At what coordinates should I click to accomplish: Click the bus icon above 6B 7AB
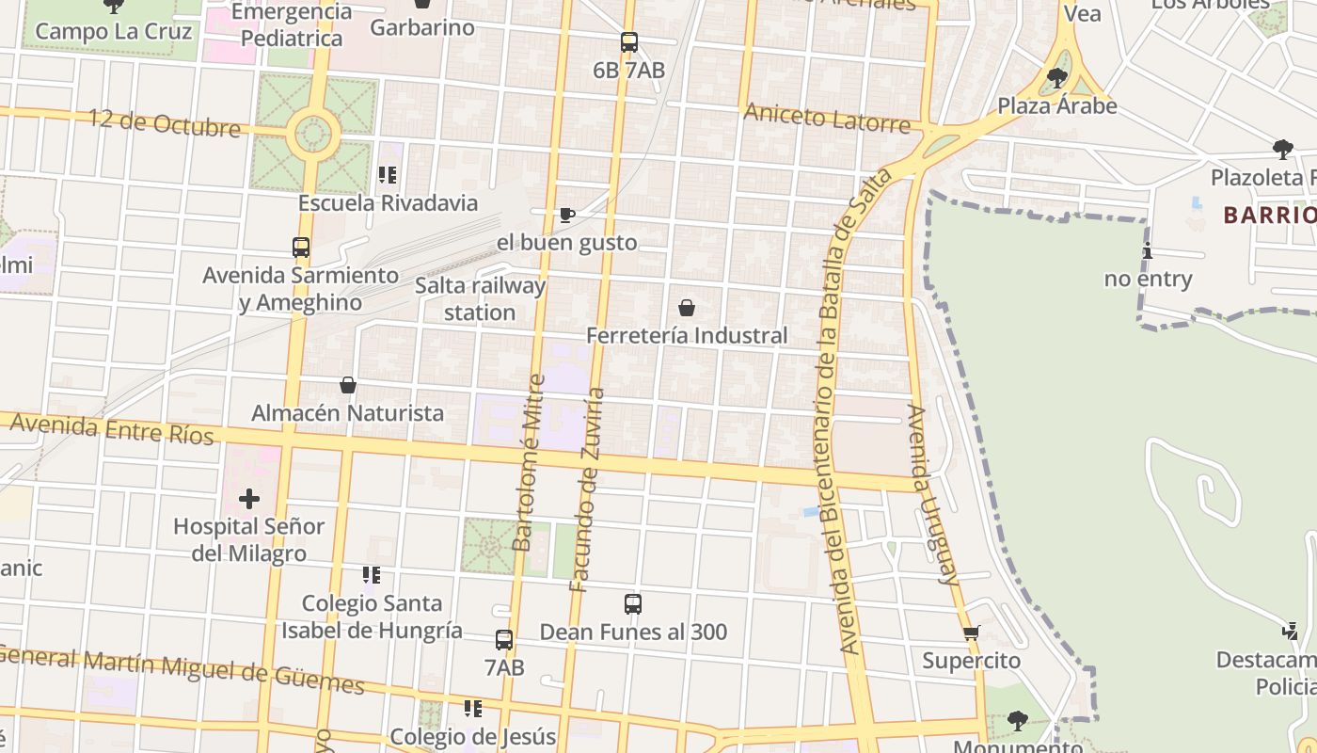pyautogui.click(x=629, y=42)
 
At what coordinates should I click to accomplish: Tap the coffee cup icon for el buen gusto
pyautogui.click(x=567, y=216)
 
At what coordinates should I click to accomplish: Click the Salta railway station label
pyautogui.click(x=480, y=298)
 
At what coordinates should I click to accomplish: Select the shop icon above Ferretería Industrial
pyautogui.click(x=687, y=308)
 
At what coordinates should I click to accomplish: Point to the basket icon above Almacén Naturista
pyautogui.click(x=348, y=385)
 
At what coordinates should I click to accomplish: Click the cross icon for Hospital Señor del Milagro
pyautogui.click(x=249, y=498)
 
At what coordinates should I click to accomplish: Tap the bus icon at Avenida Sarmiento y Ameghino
pyautogui.click(x=301, y=248)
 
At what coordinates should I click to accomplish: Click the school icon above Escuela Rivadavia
pyautogui.click(x=388, y=175)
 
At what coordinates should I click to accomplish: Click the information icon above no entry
pyautogui.click(x=1148, y=251)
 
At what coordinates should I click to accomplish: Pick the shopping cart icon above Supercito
pyautogui.click(x=972, y=633)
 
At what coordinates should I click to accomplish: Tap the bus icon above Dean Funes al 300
pyautogui.click(x=633, y=604)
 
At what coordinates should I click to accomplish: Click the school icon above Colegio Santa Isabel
pyautogui.click(x=372, y=574)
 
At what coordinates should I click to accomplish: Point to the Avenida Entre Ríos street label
pyautogui.click(x=111, y=428)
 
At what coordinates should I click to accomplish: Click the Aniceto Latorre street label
pyautogui.click(x=827, y=119)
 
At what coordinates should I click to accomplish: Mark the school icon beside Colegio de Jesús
pyautogui.click(x=473, y=708)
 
